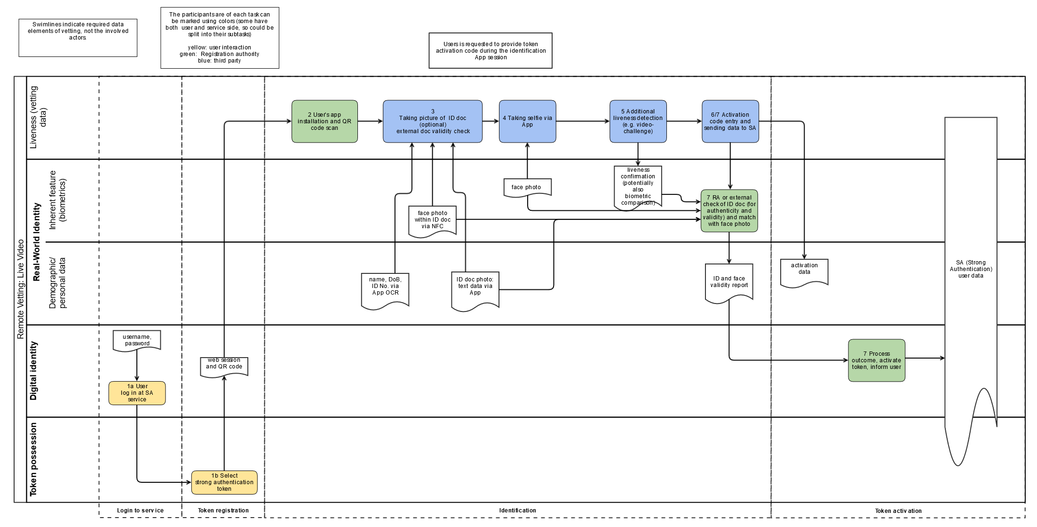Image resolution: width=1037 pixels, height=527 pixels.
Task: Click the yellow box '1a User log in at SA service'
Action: coord(137,393)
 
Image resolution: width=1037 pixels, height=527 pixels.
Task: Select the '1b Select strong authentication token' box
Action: coord(224,482)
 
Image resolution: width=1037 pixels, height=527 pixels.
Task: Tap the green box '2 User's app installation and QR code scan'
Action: coord(325,121)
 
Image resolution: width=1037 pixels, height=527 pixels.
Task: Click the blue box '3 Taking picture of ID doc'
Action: coord(433,121)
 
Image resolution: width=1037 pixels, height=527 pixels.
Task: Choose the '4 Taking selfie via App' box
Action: coord(527,121)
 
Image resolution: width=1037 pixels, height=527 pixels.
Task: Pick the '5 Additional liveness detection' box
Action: coord(638,121)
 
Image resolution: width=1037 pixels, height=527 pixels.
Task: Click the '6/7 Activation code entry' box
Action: coord(730,121)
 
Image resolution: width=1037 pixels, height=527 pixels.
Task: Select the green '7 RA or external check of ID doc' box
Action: coord(729,211)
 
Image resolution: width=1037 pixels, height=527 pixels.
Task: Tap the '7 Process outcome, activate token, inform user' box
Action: coord(877,360)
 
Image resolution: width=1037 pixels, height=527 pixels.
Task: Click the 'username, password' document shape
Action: coord(137,340)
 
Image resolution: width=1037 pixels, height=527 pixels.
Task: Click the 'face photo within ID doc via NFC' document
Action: coord(433,221)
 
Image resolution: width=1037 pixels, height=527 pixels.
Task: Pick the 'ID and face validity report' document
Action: coord(729,283)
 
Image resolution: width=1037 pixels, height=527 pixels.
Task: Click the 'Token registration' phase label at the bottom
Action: coord(223,511)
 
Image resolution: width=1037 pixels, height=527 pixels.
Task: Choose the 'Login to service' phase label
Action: coord(140,511)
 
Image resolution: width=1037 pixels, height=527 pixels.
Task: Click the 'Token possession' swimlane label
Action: coord(33,459)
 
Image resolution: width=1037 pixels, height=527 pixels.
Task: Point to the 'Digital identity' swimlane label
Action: coord(33,371)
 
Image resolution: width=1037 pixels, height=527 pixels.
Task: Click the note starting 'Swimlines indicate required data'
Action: coord(78,38)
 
